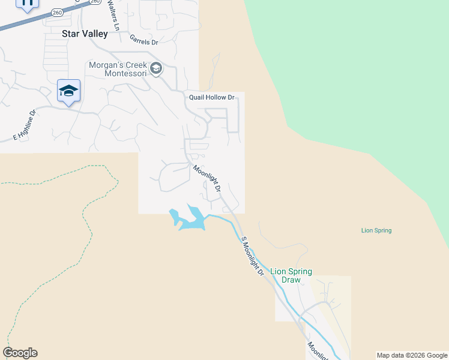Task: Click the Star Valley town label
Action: point(85,34)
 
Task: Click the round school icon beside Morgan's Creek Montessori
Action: point(156,68)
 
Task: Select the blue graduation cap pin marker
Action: point(68,92)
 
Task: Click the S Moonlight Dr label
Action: point(253,256)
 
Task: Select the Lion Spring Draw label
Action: point(291,276)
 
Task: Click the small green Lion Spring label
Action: point(376,230)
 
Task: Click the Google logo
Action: point(20,353)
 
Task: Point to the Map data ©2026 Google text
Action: point(412,355)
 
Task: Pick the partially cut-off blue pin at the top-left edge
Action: point(27,4)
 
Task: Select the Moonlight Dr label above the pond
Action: point(207,178)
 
